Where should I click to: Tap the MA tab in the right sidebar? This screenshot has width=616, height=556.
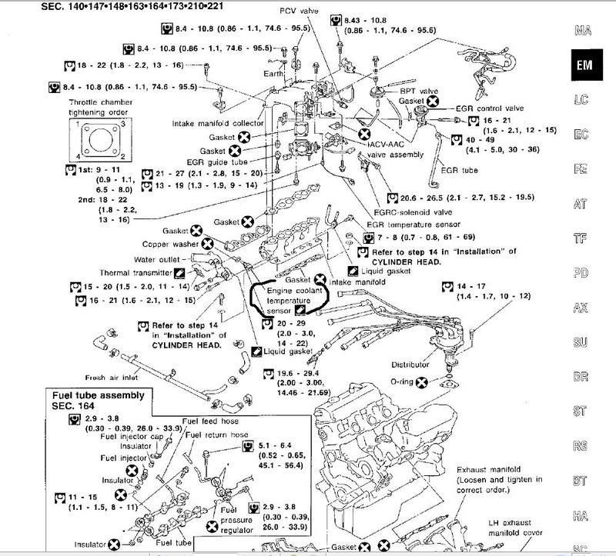[583, 31]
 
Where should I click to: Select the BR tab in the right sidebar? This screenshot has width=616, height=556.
[583, 377]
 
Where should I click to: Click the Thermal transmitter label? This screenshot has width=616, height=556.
[136, 272]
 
